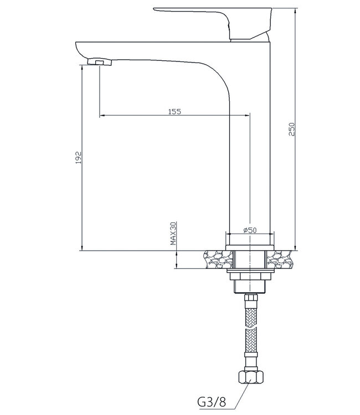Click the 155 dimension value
click(174, 111)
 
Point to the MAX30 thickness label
click(173, 234)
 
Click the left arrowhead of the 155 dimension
click(102, 116)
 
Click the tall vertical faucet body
click(249, 166)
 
